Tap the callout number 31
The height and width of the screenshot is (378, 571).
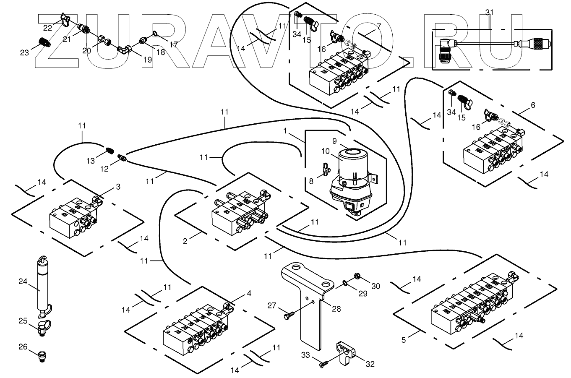[490, 12]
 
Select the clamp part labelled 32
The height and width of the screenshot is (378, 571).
[345, 351]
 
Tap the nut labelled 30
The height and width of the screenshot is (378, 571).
[358, 276]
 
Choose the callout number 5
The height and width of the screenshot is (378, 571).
[404, 340]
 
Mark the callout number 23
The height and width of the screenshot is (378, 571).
[24, 52]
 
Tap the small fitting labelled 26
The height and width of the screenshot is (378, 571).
[42, 355]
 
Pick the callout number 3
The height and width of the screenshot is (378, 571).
[118, 186]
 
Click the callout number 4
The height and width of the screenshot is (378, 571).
[249, 294]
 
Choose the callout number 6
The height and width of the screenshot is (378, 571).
[533, 105]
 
